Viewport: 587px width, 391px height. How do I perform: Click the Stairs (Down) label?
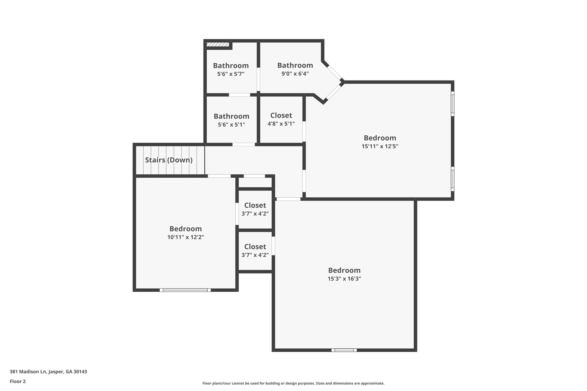169,160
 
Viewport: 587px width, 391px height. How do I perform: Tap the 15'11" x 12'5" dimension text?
380,146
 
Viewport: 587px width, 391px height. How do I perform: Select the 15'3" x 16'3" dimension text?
344,279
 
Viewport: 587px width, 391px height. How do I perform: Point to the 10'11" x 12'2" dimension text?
185,237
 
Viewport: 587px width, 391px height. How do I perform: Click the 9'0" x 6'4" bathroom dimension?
295,74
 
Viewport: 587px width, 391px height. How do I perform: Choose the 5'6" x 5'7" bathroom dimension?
231,74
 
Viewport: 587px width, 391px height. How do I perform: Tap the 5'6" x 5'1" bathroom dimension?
231,125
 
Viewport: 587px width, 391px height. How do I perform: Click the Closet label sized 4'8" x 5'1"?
281,115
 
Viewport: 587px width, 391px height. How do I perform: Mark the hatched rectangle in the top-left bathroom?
218,44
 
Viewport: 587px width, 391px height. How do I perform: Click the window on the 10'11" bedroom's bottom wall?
185,290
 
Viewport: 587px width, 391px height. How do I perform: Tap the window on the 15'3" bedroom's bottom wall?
344,350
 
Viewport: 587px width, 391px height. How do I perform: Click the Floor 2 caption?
18,381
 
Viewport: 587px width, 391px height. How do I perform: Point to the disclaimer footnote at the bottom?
293,383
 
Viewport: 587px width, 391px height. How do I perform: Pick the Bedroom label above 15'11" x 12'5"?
380,138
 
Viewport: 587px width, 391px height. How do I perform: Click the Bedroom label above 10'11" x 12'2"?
185,229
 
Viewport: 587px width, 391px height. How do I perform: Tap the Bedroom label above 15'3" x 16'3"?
344,270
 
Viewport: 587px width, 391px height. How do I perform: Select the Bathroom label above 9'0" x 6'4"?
295,65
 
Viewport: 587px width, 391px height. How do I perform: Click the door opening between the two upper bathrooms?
258,79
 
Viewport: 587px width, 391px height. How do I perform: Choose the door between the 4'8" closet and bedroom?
304,131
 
